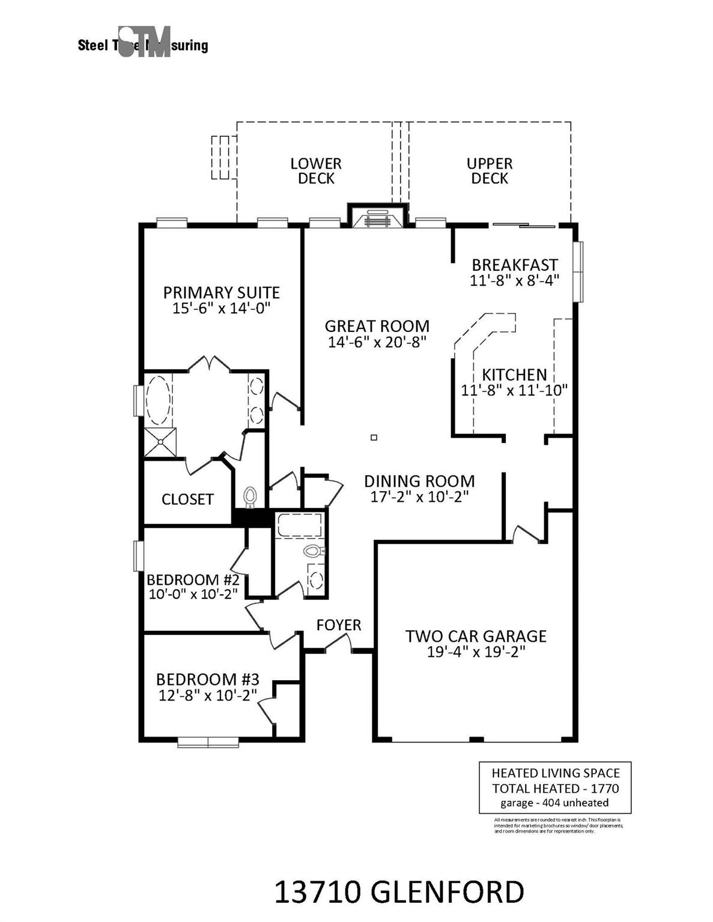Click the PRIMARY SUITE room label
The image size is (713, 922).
(x=221, y=293)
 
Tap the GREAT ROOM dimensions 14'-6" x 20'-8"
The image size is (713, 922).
(x=377, y=342)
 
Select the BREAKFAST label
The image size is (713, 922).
(x=514, y=265)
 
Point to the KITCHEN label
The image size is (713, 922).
(x=514, y=375)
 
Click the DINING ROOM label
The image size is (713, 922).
(x=419, y=481)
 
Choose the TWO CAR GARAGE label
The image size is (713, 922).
(x=476, y=636)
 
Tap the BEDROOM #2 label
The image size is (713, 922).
(x=193, y=580)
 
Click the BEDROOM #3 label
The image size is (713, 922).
(x=207, y=679)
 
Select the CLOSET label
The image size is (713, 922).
(x=187, y=499)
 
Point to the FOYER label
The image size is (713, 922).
(x=339, y=625)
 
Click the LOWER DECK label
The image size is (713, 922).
(x=316, y=171)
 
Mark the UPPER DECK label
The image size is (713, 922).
(x=490, y=171)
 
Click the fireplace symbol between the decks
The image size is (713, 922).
(x=377, y=218)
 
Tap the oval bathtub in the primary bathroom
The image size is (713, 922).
(x=159, y=400)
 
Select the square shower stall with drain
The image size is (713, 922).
(x=161, y=442)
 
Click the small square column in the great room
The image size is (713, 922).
(x=374, y=438)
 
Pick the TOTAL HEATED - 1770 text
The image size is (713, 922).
(x=555, y=789)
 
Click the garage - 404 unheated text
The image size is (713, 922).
(x=554, y=803)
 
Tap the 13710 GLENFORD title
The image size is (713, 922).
(x=399, y=893)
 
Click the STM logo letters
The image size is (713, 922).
(x=145, y=42)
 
